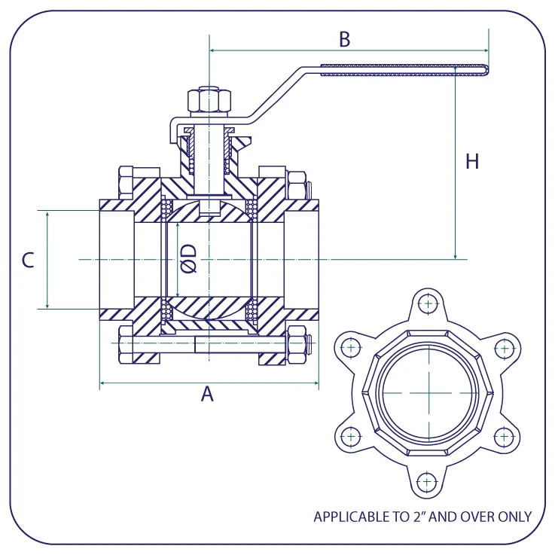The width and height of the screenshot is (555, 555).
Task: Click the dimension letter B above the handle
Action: point(344,39)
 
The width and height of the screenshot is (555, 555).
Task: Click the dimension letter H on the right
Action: point(472,161)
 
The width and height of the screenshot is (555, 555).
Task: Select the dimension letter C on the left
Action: point(28,260)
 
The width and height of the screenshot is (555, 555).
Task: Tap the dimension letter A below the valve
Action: point(207,394)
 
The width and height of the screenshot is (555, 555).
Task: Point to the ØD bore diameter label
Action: point(188,258)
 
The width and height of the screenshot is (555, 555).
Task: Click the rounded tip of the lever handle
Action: point(487,70)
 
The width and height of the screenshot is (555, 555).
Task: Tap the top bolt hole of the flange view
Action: point(428,303)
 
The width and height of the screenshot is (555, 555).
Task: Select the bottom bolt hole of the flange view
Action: point(427,482)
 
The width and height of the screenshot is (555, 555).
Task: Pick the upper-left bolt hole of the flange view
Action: point(351,348)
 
